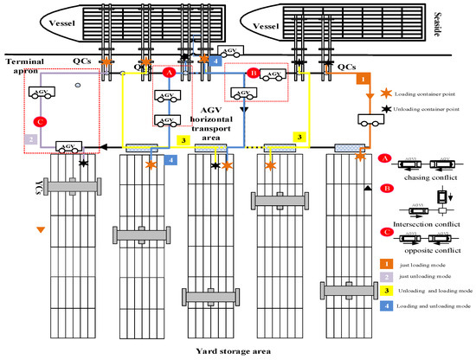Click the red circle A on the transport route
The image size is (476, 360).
click(170, 75)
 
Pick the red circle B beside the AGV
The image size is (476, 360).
click(254, 74)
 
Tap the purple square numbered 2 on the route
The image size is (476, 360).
click(31, 138)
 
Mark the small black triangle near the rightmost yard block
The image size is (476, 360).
click(369, 188)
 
